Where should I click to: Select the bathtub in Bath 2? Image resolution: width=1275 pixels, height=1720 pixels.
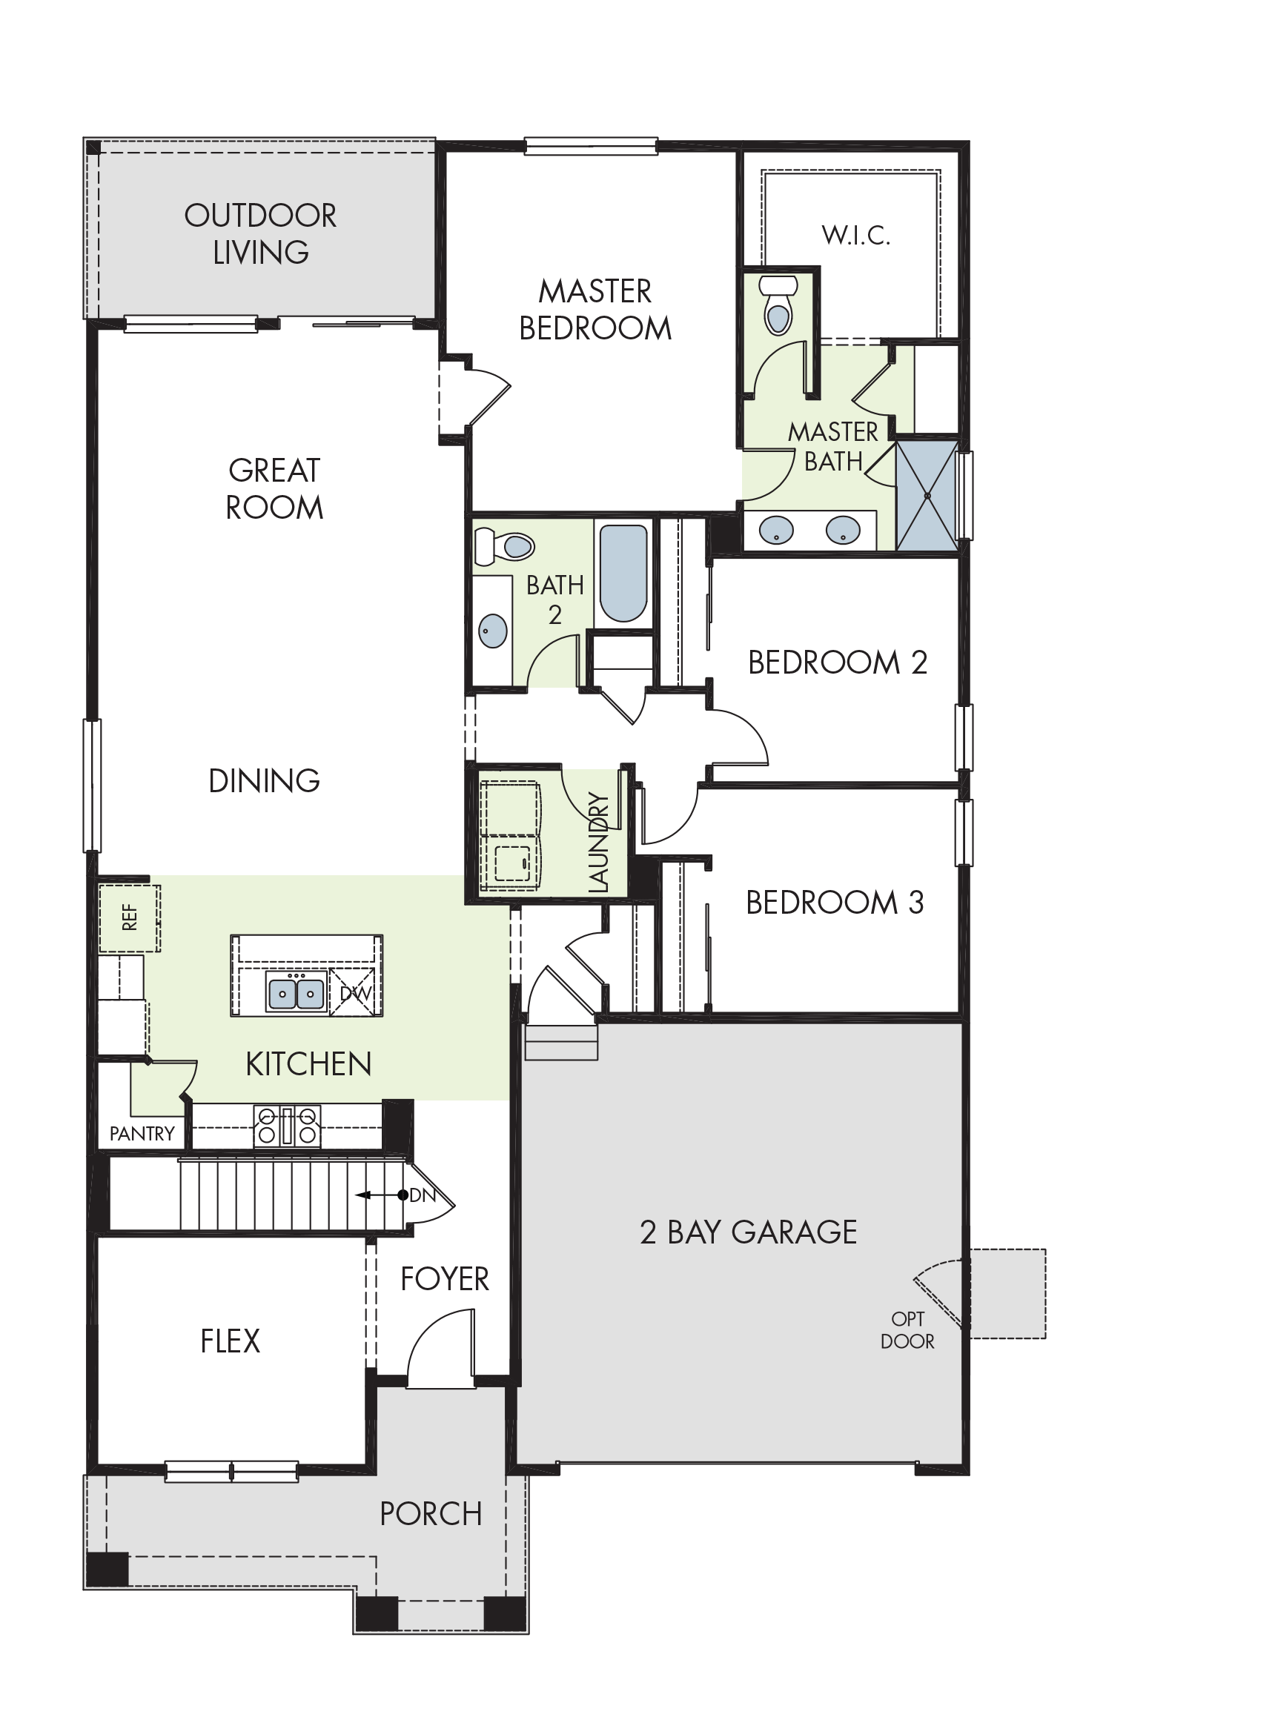(623, 574)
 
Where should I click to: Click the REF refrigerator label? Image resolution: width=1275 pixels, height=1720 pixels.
(130, 917)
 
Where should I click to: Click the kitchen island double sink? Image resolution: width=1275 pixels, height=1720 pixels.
(296, 992)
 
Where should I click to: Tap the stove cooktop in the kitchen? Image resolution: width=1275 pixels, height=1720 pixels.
(287, 1125)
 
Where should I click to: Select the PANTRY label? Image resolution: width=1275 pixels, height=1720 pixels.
(142, 1134)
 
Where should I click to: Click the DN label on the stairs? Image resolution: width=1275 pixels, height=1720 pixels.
(423, 1195)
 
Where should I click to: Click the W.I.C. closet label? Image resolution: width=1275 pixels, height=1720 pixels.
(856, 236)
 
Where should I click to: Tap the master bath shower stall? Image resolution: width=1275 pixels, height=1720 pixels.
(926, 495)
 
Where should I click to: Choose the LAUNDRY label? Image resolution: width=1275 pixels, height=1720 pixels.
(599, 843)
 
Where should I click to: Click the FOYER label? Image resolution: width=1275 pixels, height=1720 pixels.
(445, 1279)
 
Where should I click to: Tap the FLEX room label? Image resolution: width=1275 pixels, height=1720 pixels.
(230, 1341)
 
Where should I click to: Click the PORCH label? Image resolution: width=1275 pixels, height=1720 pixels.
(431, 1514)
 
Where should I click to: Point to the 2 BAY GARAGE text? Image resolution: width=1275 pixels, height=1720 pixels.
(749, 1232)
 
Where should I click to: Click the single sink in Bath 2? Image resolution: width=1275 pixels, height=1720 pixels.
(493, 631)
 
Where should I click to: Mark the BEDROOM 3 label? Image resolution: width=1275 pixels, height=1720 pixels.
(834, 902)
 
